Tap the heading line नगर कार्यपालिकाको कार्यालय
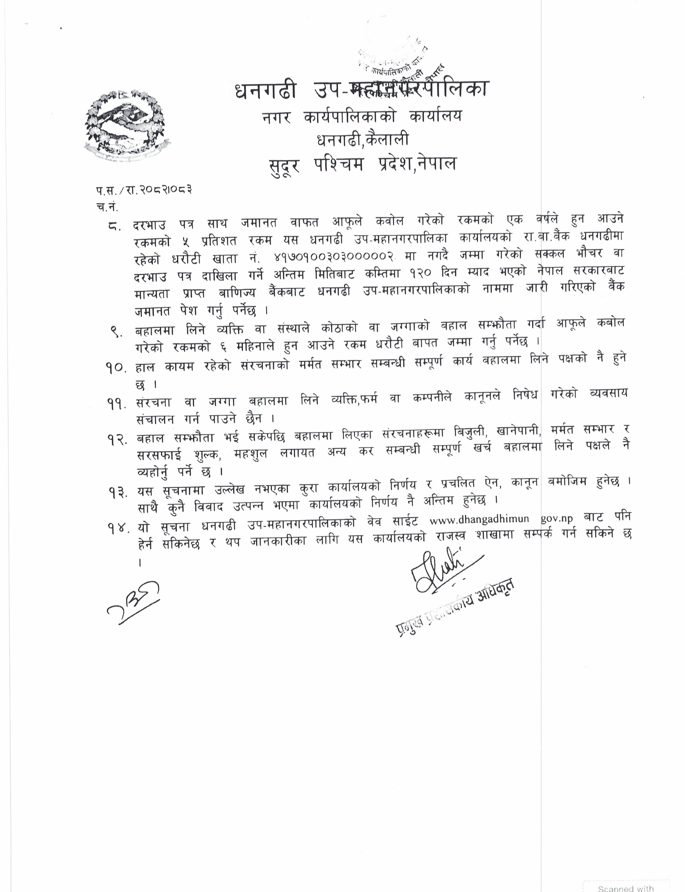coord(362,117)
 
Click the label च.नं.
coord(107,207)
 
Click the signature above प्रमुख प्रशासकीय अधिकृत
coord(444,573)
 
